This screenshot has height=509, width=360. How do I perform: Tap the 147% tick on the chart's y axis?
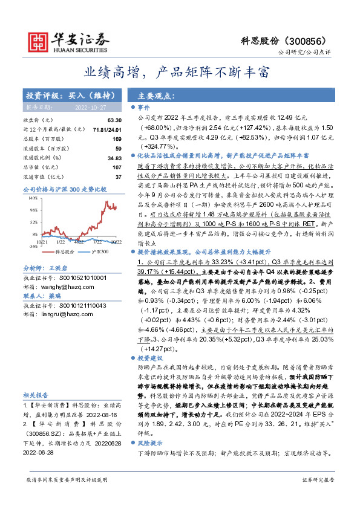coord(34,198)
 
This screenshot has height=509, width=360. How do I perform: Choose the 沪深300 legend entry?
coord(97,251)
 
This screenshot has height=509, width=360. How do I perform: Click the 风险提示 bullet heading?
coord(152,443)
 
